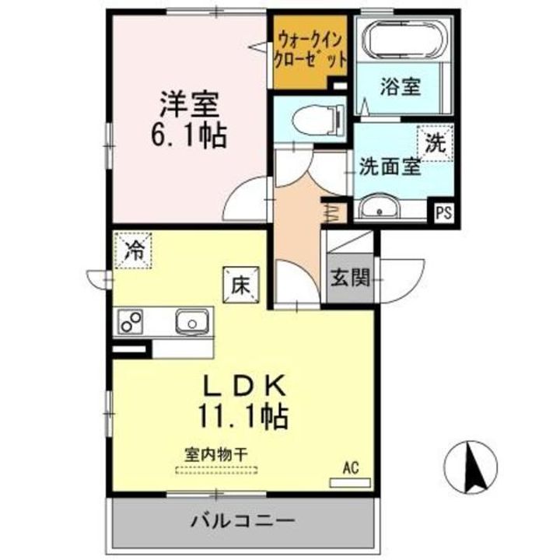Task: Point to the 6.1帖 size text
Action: click(x=189, y=136)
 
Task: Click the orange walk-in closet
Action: click(x=310, y=51)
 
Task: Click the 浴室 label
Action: click(x=401, y=86)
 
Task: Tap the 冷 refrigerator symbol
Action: click(x=134, y=250)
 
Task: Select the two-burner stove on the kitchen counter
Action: click(x=131, y=320)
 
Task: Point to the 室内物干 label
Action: click(x=215, y=453)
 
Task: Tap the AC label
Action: click(x=349, y=467)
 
